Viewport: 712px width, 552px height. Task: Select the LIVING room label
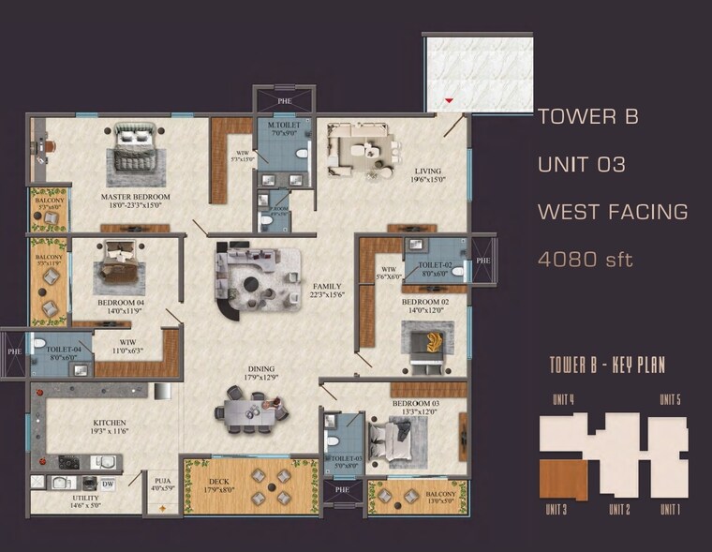click(x=430, y=172)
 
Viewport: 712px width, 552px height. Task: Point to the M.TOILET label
click(x=283, y=128)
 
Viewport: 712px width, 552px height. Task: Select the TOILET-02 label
click(x=436, y=266)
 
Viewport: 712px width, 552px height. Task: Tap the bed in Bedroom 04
click(x=118, y=261)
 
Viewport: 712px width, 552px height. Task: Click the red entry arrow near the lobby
click(x=450, y=99)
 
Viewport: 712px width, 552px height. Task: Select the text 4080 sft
click(x=586, y=260)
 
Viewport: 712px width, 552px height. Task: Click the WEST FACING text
click(x=612, y=213)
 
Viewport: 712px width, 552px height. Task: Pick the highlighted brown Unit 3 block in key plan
click(x=564, y=479)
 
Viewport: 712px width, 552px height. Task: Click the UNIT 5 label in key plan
click(x=669, y=399)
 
